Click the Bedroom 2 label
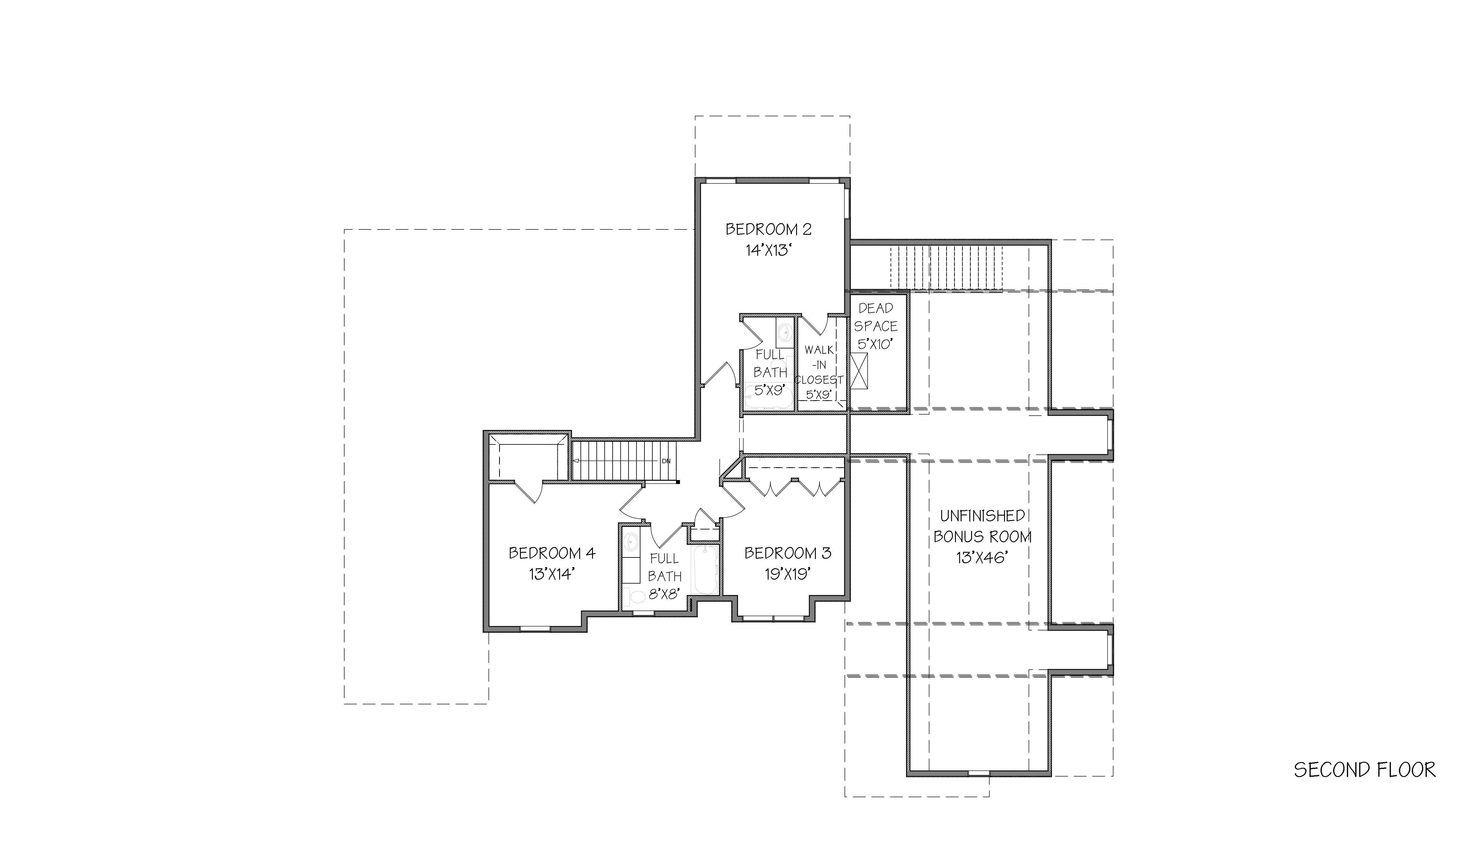[768, 229]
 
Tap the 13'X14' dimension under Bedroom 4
[552, 575]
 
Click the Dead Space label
[876, 317]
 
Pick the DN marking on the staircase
[666, 461]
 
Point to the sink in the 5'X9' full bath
[784, 332]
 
